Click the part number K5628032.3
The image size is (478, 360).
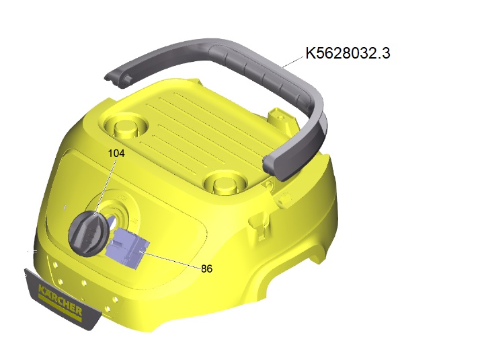tap(348, 53)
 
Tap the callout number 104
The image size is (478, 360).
tap(116, 153)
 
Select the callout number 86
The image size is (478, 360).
tap(206, 268)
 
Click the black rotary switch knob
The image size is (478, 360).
tap(89, 233)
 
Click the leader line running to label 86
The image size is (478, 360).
tap(170, 259)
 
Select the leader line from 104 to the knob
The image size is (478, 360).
tap(105, 186)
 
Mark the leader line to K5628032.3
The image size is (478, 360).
tap(294, 61)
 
